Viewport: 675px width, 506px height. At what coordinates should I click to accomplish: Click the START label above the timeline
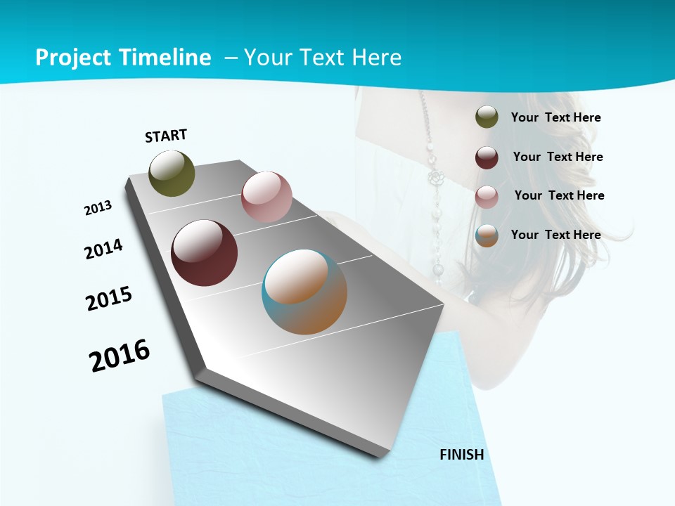(166, 136)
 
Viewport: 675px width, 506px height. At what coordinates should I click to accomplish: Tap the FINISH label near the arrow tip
(462, 455)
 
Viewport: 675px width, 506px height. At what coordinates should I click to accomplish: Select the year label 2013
(98, 207)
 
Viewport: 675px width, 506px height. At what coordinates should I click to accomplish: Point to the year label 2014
(104, 249)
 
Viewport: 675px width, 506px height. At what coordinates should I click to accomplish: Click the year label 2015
(109, 299)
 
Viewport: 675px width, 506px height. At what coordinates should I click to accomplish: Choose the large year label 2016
(120, 356)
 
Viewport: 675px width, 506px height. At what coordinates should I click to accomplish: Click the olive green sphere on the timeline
(172, 174)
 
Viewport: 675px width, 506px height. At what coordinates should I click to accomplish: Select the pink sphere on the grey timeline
(266, 197)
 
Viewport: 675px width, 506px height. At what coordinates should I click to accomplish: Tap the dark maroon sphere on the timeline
(204, 253)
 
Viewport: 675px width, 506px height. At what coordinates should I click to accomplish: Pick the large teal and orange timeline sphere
(304, 292)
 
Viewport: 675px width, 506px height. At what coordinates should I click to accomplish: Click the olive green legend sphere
(487, 117)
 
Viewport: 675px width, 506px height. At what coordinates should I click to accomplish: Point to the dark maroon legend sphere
(487, 157)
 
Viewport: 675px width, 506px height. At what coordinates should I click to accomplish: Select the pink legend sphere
(487, 197)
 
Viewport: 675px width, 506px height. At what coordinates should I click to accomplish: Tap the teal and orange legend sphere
(487, 235)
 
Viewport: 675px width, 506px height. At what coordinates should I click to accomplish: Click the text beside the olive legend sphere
(556, 117)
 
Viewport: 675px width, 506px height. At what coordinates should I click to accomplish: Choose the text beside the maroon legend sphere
(558, 157)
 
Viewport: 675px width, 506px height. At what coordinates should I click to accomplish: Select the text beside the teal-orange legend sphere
(556, 235)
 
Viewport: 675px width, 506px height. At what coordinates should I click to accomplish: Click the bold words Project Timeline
(123, 58)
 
